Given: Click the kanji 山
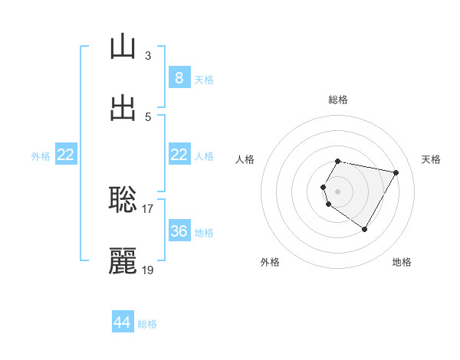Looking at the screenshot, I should [123, 47].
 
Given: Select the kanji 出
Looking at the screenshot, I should [123, 108].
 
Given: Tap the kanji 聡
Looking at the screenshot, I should [123, 199].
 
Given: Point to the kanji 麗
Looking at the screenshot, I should [123, 261].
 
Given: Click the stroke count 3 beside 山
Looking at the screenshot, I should [148, 55].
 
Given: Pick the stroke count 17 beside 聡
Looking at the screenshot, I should [148, 208].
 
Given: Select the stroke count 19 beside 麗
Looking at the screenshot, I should [148, 270].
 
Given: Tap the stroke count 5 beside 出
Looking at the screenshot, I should [148, 116].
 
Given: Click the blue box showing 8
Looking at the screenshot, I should [179, 77].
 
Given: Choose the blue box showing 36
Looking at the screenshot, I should [179, 231].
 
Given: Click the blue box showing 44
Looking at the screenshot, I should [123, 322].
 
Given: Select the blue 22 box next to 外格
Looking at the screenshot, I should [66, 155].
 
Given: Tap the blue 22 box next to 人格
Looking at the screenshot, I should [179, 155].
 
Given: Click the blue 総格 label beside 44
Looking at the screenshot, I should [147, 324].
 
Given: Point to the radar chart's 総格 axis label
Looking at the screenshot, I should [338, 100].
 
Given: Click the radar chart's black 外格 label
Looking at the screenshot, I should [270, 262].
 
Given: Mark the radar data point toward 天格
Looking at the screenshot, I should [396, 172].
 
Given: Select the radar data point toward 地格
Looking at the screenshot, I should [365, 230].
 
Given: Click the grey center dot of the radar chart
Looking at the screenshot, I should [338, 191].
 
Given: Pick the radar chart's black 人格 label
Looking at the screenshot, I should [245, 159].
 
